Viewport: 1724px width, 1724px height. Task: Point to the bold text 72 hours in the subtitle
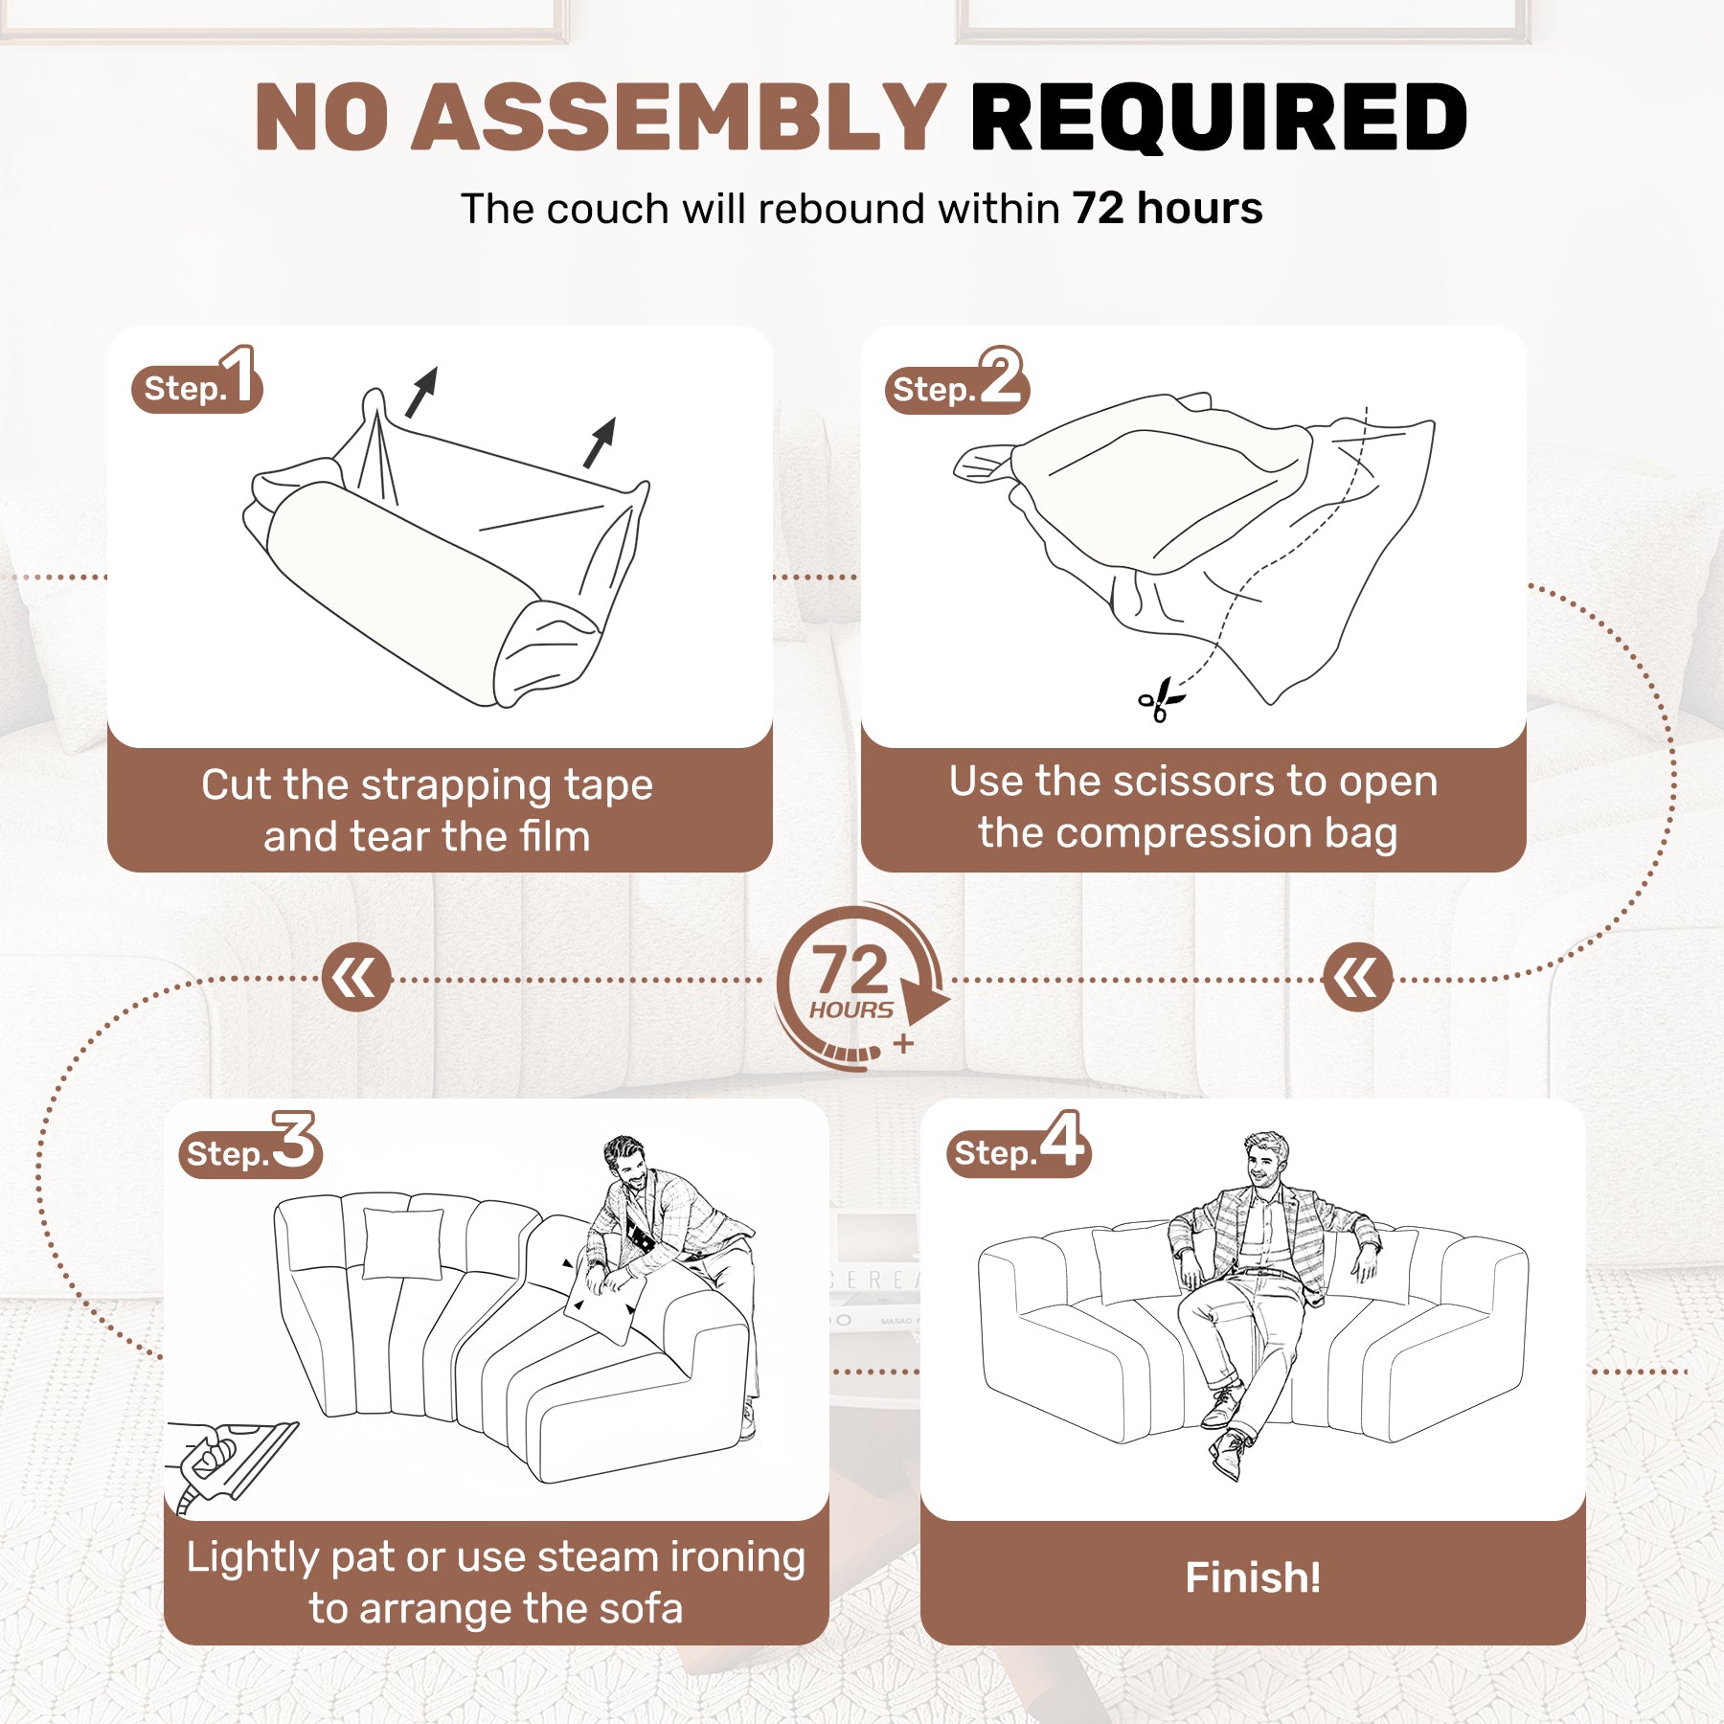pyautogui.click(x=1168, y=208)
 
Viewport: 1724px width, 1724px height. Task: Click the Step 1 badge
pyautogui.click(x=196, y=380)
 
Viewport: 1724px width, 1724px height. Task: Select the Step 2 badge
pyautogui.click(x=957, y=381)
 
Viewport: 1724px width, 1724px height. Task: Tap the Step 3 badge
pyautogui.click(x=250, y=1146)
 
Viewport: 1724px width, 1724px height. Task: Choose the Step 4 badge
pyautogui.click(x=1019, y=1145)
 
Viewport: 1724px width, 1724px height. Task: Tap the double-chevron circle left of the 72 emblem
pyautogui.click(x=356, y=979)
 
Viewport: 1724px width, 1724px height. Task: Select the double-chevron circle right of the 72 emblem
pyautogui.click(x=1356, y=979)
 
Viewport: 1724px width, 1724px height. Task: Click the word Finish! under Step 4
pyautogui.click(x=1253, y=1577)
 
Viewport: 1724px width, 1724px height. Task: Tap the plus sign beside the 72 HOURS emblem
pyautogui.click(x=903, y=1044)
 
